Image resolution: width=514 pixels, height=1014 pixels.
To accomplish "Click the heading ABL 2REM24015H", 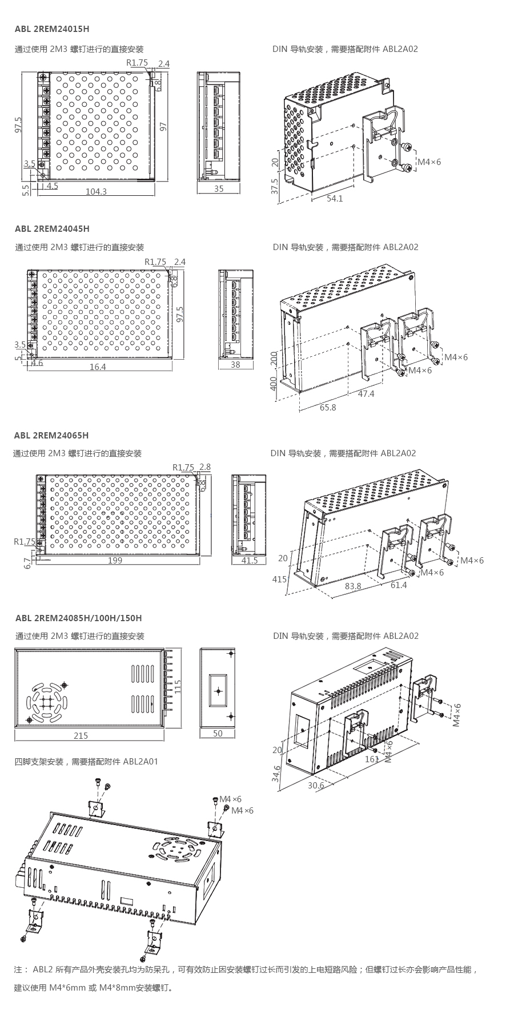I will click(x=52, y=29).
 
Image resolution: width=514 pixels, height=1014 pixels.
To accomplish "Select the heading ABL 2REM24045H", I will click(x=52, y=229).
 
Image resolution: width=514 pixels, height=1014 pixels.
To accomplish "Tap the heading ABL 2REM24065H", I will click(x=51, y=436).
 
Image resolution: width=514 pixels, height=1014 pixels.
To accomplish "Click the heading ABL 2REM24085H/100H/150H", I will click(x=79, y=618).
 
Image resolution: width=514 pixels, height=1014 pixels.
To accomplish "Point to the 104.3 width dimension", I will click(x=96, y=192).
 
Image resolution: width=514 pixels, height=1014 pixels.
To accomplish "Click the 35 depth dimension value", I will click(x=219, y=189).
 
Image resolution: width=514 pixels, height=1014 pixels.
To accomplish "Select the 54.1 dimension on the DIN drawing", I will click(x=335, y=199).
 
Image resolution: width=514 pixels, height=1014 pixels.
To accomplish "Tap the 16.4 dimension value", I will click(x=98, y=367).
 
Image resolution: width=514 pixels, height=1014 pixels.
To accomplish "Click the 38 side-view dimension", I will click(x=235, y=365).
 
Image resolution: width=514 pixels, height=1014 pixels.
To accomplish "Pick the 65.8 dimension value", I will click(x=328, y=408).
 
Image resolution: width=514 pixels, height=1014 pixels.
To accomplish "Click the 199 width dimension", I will click(x=115, y=561).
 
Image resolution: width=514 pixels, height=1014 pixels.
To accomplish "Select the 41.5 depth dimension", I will click(x=250, y=561).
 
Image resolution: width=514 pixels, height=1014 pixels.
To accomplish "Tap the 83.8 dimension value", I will click(x=353, y=586).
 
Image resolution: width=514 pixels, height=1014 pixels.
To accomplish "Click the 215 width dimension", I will click(x=81, y=735).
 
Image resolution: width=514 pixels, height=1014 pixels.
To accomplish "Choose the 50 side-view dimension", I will click(x=218, y=734).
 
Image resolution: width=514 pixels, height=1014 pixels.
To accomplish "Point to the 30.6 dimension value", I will click(x=316, y=786).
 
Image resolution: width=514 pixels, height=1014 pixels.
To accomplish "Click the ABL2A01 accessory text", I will click(x=140, y=762).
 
